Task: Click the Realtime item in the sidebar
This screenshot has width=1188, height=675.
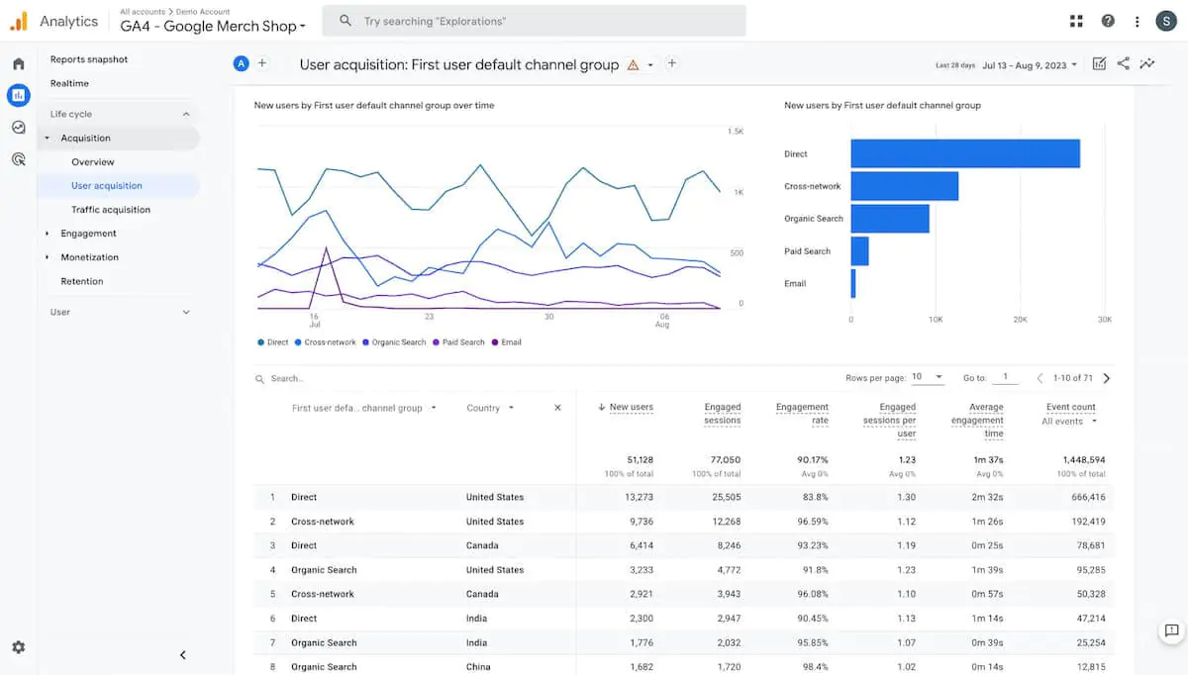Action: (x=69, y=83)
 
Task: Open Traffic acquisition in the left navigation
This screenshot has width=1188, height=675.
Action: (x=111, y=210)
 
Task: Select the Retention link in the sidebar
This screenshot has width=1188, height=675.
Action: (x=82, y=281)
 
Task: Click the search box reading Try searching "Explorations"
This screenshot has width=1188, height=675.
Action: (x=540, y=21)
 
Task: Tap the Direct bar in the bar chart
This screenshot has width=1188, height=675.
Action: (x=964, y=153)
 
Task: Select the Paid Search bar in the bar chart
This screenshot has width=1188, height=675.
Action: (x=859, y=251)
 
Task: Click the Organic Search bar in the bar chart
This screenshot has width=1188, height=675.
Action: (x=889, y=219)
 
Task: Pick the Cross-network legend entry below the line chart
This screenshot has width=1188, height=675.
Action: (x=329, y=342)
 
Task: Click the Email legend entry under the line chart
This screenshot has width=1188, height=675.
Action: (x=510, y=342)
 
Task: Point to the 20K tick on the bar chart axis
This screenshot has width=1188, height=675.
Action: (x=1020, y=320)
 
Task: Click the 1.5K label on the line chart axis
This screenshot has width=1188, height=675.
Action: (x=736, y=132)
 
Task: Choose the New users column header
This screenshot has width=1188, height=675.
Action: (x=631, y=407)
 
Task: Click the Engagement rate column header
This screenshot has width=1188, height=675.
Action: (x=803, y=414)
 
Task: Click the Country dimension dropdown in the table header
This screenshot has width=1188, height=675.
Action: (x=490, y=408)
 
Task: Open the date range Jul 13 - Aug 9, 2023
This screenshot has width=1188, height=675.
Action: (x=1029, y=65)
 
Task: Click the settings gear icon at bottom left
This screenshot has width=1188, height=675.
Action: (x=18, y=647)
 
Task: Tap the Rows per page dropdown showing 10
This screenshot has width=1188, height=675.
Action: (x=928, y=377)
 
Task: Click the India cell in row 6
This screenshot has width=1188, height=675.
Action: (x=478, y=619)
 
